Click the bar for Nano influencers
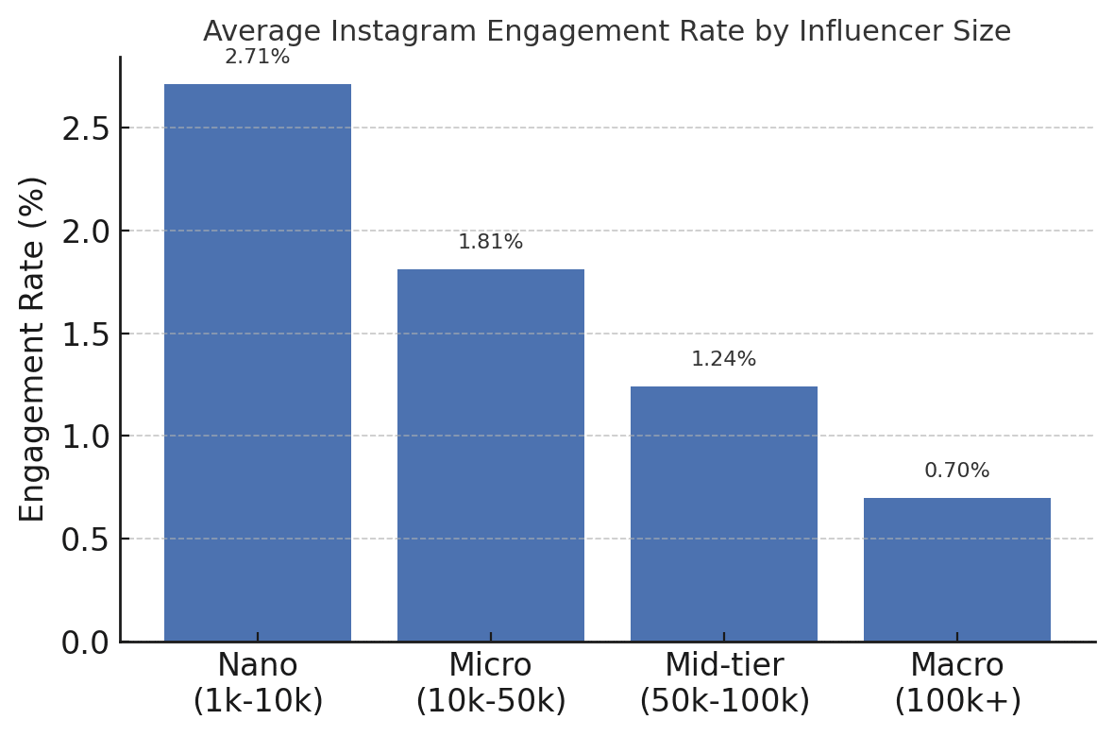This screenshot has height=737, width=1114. (x=258, y=363)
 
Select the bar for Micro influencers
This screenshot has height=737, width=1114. (x=491, y=455)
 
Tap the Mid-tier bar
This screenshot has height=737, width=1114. (x=724, y=514)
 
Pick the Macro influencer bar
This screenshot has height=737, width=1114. (x=957, y=570)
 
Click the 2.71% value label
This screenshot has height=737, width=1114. (x=258, y=58)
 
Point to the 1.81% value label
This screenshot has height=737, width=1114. (x=491, y=243)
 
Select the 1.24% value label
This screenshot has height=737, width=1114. (x=724, y=360)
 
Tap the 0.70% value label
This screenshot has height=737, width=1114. (x=957, y=471)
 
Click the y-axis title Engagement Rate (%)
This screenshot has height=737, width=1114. (x=33, y=349)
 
